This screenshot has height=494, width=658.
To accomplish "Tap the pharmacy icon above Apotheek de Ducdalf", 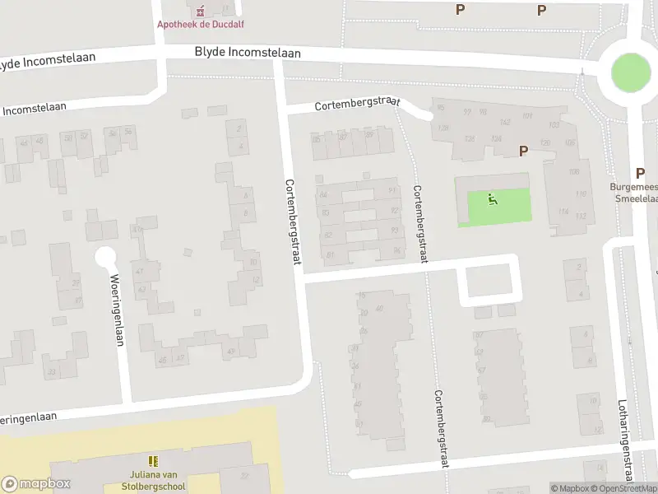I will tap(200, 10).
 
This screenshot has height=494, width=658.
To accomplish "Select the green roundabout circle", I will tap(632, 74).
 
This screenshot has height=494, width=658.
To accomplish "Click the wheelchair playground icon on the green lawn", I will tap(493, 198).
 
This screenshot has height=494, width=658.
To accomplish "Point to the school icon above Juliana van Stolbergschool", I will tap(153, 461).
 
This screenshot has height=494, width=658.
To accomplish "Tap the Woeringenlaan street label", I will tap(117, 310).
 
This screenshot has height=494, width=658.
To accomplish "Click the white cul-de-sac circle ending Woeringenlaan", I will tap(105, 257).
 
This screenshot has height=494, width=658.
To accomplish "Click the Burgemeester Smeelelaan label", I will tap(633, 193).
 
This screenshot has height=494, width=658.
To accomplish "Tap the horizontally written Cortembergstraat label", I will tap(356, 105).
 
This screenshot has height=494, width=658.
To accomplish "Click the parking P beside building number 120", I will tap(522, 151).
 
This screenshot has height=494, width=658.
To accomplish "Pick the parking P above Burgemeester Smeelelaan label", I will tap(640, 173).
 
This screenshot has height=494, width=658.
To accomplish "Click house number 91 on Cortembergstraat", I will tap(392, 191).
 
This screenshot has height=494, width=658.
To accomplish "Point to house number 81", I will tap(330, 256).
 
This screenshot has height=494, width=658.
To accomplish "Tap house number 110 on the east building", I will tap(581, 194).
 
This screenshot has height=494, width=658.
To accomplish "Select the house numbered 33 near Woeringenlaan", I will tap(51, 373).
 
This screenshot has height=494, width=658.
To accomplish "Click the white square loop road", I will tap(490, 280).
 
